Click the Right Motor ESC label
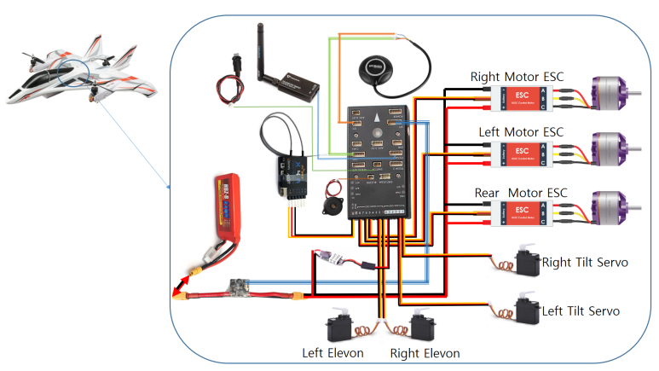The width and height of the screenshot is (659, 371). coord(517,77)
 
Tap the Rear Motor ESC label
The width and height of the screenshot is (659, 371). coord(520,193)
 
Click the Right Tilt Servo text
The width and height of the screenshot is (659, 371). coord(585,263)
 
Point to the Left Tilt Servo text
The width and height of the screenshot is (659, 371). coord(581,311)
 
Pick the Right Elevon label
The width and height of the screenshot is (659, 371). coord(425,353)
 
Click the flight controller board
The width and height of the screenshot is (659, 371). coord(382,158)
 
